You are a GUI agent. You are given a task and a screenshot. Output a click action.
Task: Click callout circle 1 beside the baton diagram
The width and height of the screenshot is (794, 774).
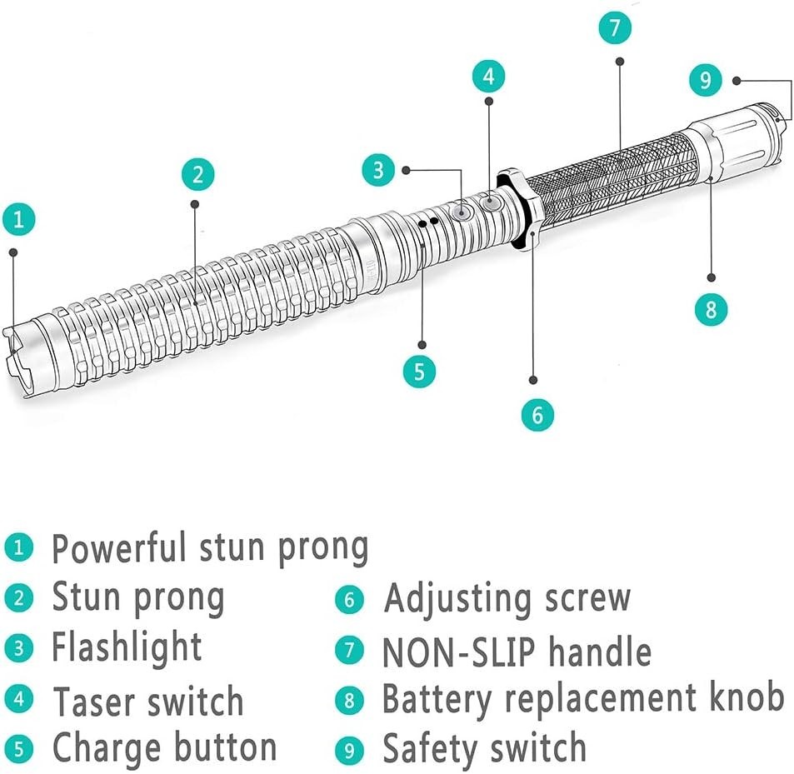18,221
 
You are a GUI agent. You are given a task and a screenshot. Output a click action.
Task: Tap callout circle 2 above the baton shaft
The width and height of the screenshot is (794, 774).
197,174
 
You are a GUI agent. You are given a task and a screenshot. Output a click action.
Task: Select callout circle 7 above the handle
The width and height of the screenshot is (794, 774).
615,27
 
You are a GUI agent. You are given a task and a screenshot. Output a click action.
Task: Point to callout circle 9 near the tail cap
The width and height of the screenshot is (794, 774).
706,80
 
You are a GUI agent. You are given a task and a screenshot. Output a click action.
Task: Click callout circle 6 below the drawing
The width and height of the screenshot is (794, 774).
537,413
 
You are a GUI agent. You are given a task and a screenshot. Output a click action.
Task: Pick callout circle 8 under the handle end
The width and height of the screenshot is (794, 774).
711,310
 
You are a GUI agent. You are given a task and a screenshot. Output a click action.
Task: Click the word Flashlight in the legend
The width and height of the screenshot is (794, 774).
127,647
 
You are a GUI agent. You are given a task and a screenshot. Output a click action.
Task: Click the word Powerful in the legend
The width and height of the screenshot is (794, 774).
119,547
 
